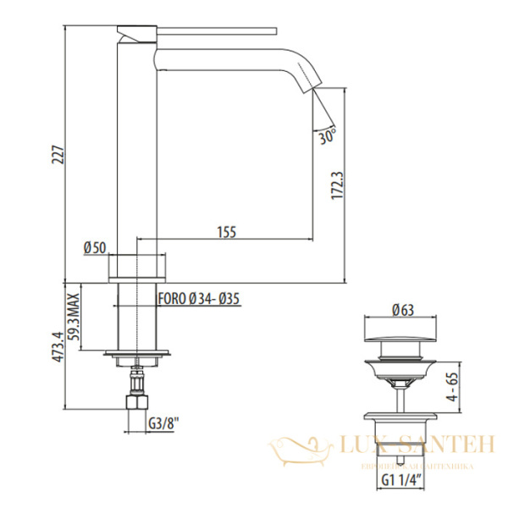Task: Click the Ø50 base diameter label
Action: click(95, 248)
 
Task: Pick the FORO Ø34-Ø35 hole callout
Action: click(201, 298)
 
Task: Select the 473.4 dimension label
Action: click(56, 346)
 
